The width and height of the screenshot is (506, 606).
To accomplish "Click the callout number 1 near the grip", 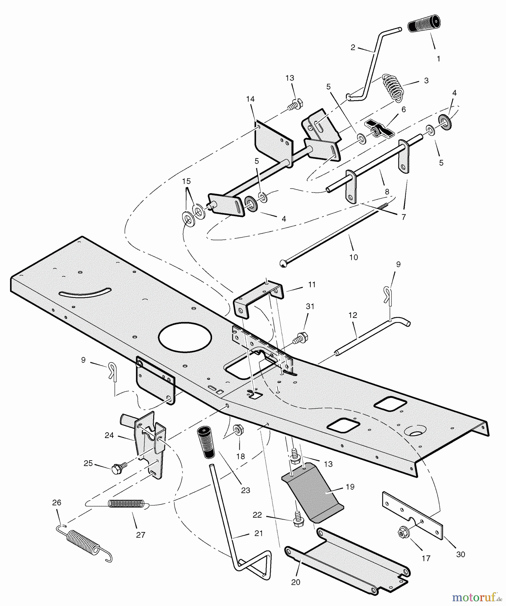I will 438,59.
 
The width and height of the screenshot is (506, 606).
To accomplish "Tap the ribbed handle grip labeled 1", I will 424,23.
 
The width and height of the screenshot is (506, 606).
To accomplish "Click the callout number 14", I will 250,99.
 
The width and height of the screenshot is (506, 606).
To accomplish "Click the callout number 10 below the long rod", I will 353,257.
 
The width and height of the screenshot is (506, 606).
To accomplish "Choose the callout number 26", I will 57,503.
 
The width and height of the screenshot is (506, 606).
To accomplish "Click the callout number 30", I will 460,554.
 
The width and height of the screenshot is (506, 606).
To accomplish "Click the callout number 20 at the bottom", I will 296,582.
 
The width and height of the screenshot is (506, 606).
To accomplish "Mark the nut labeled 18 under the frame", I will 239,430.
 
